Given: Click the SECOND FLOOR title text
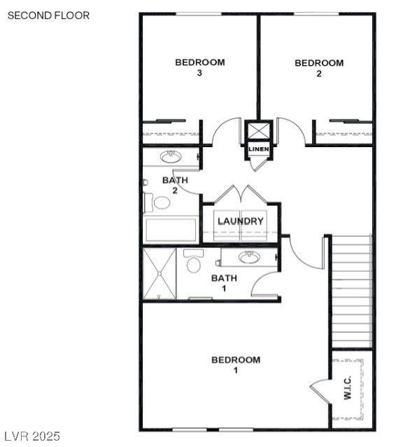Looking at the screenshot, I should point(48,15).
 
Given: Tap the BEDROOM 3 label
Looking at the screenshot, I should point(199,67).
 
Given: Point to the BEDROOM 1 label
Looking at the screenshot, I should point(236,364).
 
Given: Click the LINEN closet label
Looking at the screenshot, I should point(257,149).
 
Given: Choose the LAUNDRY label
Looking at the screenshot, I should point(241,221).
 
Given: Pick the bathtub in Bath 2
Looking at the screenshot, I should point(171,230).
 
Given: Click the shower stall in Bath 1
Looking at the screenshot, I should point(159,273).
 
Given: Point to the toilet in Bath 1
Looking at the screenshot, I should point(194,263).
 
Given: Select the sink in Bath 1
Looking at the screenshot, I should point(248,257).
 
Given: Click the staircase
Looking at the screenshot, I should point(351,291).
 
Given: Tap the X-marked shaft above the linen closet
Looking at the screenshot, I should point(257,132).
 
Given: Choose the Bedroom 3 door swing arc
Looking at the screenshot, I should point(225,130).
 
